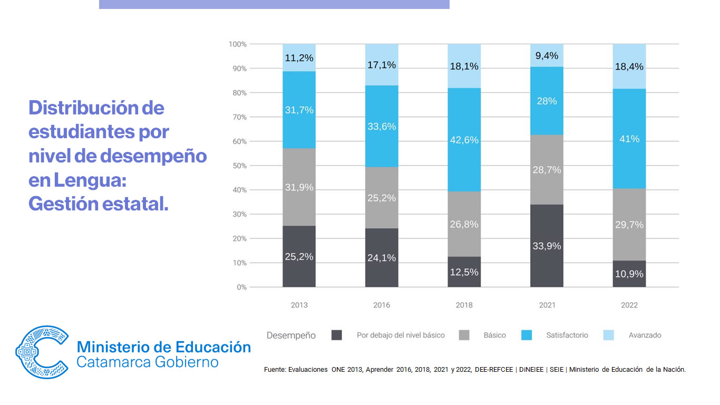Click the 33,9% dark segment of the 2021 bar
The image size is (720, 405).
click(x=547, y=245)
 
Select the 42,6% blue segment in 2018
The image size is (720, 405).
click(x=464, y=140)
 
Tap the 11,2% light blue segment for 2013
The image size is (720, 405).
click(x=299, y=57)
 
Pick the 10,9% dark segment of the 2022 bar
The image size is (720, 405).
click(x=629, y=274)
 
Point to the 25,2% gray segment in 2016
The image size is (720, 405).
click(x=382, y=198)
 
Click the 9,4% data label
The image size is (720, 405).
click(x=547, y=56)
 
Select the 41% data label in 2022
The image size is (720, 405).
click(x=629, y=139)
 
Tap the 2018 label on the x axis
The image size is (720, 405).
click(x=464, y=305)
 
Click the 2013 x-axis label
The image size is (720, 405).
click(x=299, y=305)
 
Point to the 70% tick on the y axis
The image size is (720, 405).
click(x=239, y=117)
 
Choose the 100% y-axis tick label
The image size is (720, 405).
click(x=238, y=44)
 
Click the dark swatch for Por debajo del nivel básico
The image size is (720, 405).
click(x=336, y=335)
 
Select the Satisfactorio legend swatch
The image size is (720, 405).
click(x=527, y=335)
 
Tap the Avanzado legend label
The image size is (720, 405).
click(x=645, y=335)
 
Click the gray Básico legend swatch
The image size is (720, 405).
click(x=464, y=335)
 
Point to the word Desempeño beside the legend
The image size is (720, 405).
click(x=291, y=335)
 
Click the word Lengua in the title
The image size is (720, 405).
click(x=90, y=180)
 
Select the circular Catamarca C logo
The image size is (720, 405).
click(x=42, y=352)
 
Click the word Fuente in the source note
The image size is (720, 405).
click(x=275, y=370)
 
